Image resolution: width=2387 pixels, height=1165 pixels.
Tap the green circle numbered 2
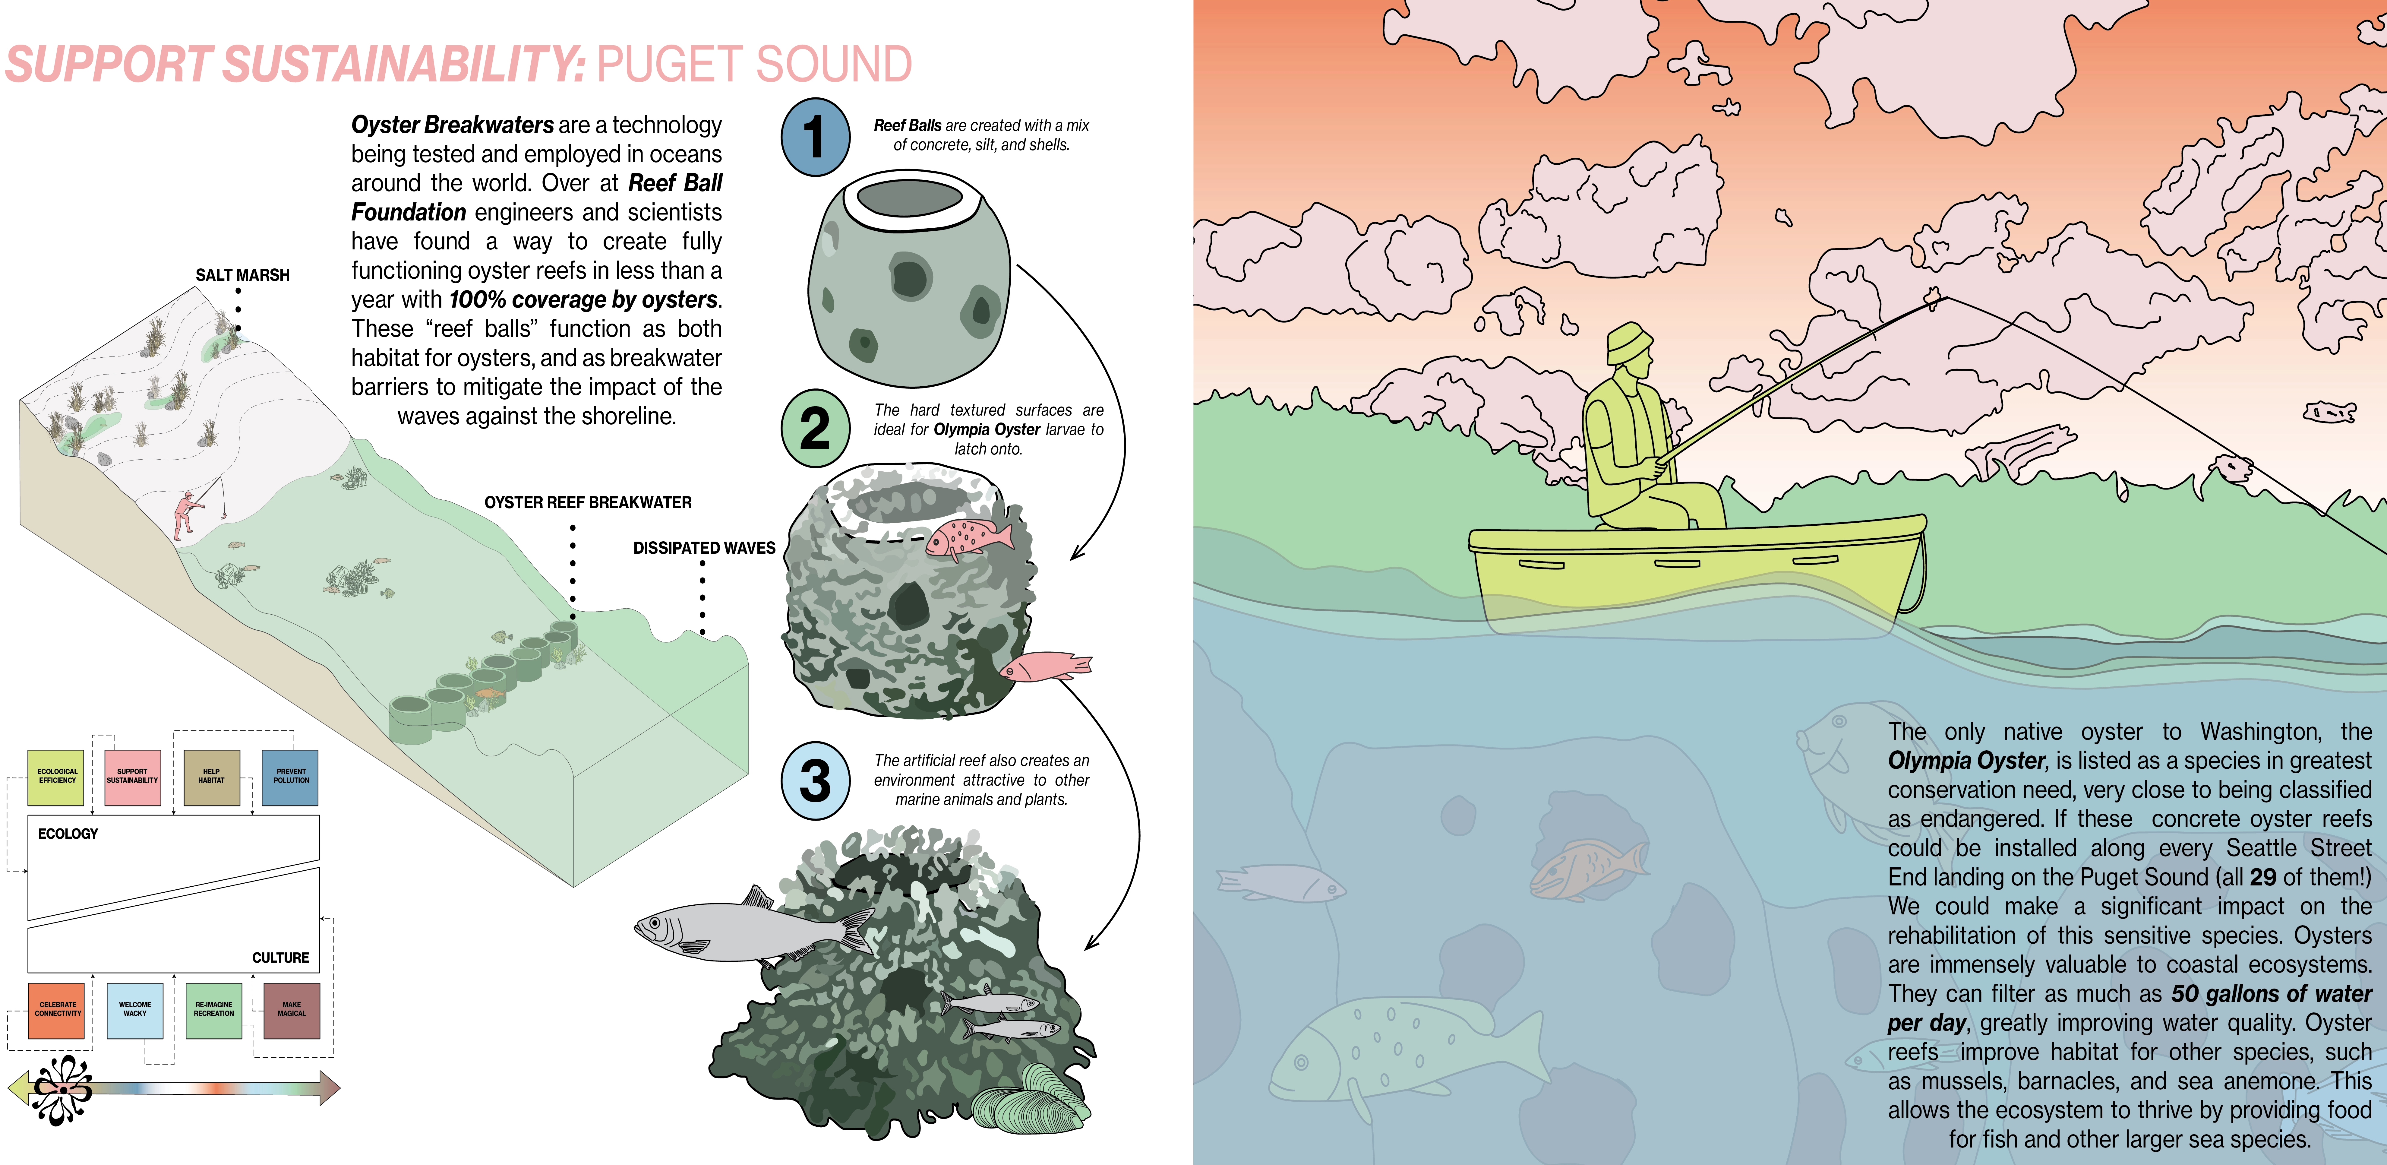[814, 428]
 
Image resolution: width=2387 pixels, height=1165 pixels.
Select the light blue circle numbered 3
[814, 780]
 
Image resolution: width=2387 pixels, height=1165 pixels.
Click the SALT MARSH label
[243, 275]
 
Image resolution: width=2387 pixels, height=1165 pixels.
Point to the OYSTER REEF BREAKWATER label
[588, 502]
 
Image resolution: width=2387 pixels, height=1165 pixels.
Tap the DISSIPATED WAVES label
[704, 548]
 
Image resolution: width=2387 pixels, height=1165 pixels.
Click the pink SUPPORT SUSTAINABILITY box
[132, 777]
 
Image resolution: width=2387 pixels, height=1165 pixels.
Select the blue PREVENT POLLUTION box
[291, 777]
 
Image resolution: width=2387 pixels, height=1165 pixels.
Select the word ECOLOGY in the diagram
[68, 834]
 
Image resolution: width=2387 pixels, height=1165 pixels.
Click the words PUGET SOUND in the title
[754, 65]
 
